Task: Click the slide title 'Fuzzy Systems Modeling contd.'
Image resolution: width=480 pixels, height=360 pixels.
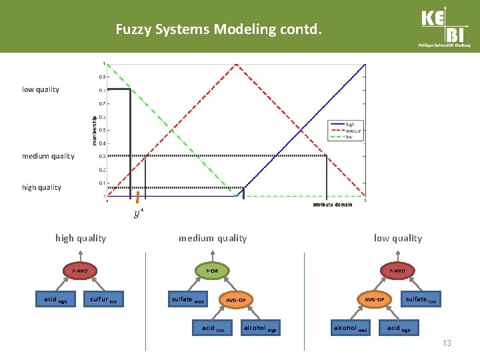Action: point(219,29)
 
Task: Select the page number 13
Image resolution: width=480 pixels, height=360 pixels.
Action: point(447,343)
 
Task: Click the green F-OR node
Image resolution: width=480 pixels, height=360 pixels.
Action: point(211,271)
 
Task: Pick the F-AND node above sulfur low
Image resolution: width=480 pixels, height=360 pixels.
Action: point(79,271)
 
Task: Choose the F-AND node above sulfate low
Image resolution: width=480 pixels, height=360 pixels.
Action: point(397,271)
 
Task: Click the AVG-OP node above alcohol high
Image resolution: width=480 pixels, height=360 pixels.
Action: point(235,300)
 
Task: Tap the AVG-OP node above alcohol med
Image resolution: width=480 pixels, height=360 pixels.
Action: point(374,299)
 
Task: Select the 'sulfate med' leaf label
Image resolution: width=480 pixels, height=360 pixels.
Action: point(187,300)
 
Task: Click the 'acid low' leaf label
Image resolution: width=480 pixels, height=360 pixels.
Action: point(213,328)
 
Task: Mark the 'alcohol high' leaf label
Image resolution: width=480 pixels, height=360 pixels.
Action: point(260,328)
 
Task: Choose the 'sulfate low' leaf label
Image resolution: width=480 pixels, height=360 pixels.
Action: point(421,300)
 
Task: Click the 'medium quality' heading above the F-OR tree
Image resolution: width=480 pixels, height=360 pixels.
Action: point(212,238)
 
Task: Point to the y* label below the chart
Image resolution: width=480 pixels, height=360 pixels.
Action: point(138,213)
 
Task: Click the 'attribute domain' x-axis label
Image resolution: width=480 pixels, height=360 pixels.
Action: point(332,204)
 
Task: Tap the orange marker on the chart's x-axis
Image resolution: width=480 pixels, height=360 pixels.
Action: point(137,197)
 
